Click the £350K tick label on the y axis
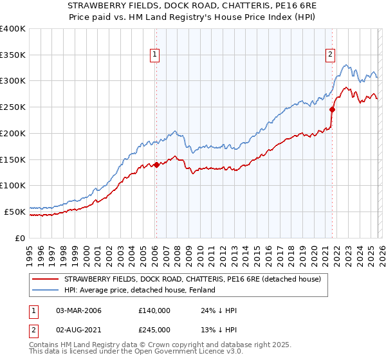click(13, 55)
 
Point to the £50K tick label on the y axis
click(15, 212)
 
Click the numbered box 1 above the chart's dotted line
click(156, 55)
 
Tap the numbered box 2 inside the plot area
click(330, 55)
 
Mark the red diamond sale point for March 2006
click(156, 165)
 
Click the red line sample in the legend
click(46, 279)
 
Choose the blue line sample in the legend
click(46, 290)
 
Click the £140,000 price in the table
click(154, 310)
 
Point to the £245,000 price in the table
click(154, 330)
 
